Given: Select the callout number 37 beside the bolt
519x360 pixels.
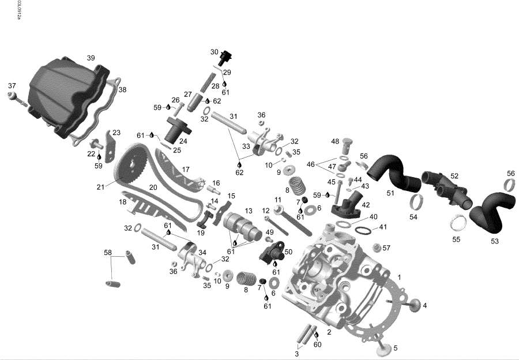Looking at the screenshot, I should click(x=12, y=86).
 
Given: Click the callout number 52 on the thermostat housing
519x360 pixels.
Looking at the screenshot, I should click(x=454, y=176).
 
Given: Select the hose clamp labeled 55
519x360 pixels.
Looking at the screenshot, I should click(x=458, y=222).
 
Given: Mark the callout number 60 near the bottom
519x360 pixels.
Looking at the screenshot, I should click(x=317, y=344).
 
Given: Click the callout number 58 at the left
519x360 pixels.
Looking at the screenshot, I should click(x=107, y=253).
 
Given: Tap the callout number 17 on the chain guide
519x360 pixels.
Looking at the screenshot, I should click(x=186, y=170).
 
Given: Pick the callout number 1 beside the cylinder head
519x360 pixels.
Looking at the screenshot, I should click(x=399, y=277).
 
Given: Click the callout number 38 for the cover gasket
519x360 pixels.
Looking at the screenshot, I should click(x=122, y=89).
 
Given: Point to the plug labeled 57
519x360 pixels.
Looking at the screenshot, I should click(x=378, y=249).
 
